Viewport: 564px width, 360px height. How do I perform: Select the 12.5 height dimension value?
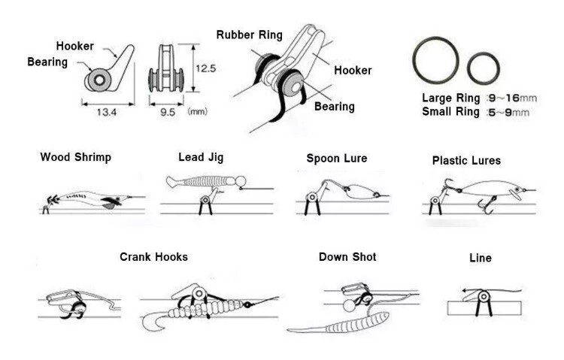[205, 68]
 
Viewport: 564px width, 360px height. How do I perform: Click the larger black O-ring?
[435, 60]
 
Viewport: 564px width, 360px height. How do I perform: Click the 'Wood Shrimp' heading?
[75, 157]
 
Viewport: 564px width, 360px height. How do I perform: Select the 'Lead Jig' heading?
[201, 157]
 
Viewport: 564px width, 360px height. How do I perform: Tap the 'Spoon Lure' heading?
[337, 158]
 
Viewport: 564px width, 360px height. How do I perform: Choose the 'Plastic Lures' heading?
[466, 160]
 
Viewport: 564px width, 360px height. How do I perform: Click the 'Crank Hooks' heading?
[153, 257]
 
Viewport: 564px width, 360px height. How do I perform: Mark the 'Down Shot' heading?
[347, 257]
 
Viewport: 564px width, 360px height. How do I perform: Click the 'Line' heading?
[480, 258]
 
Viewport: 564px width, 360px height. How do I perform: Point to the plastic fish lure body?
[481, 189]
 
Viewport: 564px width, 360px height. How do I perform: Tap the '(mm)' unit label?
[198, 112]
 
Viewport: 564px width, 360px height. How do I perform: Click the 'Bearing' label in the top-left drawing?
[47, 61]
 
